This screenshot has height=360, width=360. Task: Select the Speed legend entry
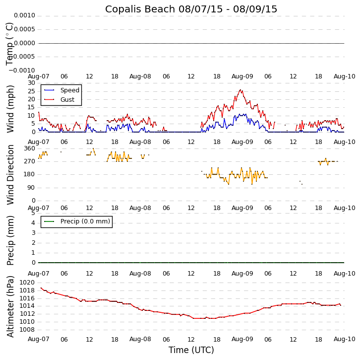(69, 90)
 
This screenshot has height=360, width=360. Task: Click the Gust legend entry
(67, 100)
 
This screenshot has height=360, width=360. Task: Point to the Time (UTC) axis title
(191, 350)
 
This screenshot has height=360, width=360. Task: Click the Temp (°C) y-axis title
(10, 43)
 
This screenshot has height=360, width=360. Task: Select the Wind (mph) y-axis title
(11, 108)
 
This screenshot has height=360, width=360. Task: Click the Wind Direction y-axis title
(11, 174)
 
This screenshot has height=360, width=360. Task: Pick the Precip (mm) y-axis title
(11, 240)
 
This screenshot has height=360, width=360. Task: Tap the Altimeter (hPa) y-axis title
(11, 306)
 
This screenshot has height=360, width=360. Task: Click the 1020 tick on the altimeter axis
(27, 283)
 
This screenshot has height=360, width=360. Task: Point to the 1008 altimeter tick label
(27, 330)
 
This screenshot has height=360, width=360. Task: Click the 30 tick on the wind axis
(31, 83)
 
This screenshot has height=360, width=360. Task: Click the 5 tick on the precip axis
(33, 213)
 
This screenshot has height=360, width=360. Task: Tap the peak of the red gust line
(241, 90)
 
